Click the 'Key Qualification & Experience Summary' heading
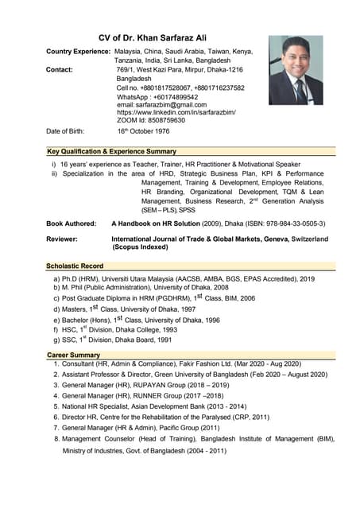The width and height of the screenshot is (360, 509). pos(111,151)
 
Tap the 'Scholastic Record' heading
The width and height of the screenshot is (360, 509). pos(75,266)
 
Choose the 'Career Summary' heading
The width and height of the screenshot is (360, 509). pos(73,355)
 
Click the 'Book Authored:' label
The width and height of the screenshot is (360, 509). pos(72,224)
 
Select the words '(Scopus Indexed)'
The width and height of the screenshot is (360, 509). pos(141,247)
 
